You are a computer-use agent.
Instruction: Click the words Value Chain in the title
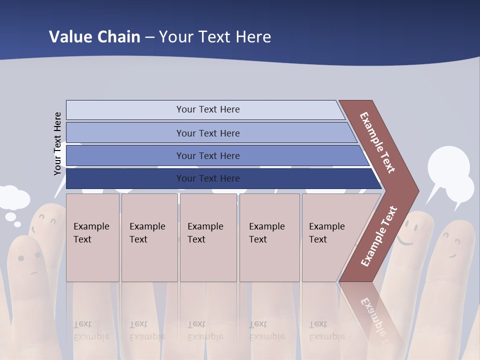coord(94,36)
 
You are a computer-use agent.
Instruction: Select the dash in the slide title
coord(149,37)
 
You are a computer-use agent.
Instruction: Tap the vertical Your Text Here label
coord(57,144)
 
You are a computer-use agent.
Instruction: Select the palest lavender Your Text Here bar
coord(207,109)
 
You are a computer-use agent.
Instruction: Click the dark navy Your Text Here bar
coord(207,178)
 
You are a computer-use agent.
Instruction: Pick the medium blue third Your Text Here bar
coord(207,156)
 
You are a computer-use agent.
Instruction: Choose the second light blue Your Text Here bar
coord(207,133)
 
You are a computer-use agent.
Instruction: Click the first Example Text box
coord(92,237)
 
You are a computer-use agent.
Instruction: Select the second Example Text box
coord(149,237)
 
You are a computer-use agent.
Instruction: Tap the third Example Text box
coord(207,237)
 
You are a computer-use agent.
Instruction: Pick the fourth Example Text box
coord(269,237)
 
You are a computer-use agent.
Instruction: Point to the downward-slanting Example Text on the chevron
coord(377,142)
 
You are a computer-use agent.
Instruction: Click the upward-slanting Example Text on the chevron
coord(379,236)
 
